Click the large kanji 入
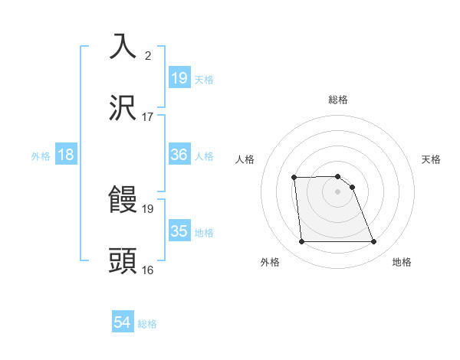point(123,47)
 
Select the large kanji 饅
point(123,200)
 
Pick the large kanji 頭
point(123,261)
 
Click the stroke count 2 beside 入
point(148,55)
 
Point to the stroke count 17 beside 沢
point(148,117)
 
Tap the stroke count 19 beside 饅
point(148,208)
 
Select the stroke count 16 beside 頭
point(148,270)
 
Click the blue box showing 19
point(179,78)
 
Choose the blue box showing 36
point(179,155)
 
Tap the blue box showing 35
point(179,231)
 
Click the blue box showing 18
point(66,155)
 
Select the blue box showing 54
point(123,323)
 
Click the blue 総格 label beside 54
point(147,324)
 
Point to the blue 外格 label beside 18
point(41,155)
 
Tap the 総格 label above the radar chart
point(338,100)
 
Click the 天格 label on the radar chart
point(432,159)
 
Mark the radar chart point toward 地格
point(374,242)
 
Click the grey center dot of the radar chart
point(338,191)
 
